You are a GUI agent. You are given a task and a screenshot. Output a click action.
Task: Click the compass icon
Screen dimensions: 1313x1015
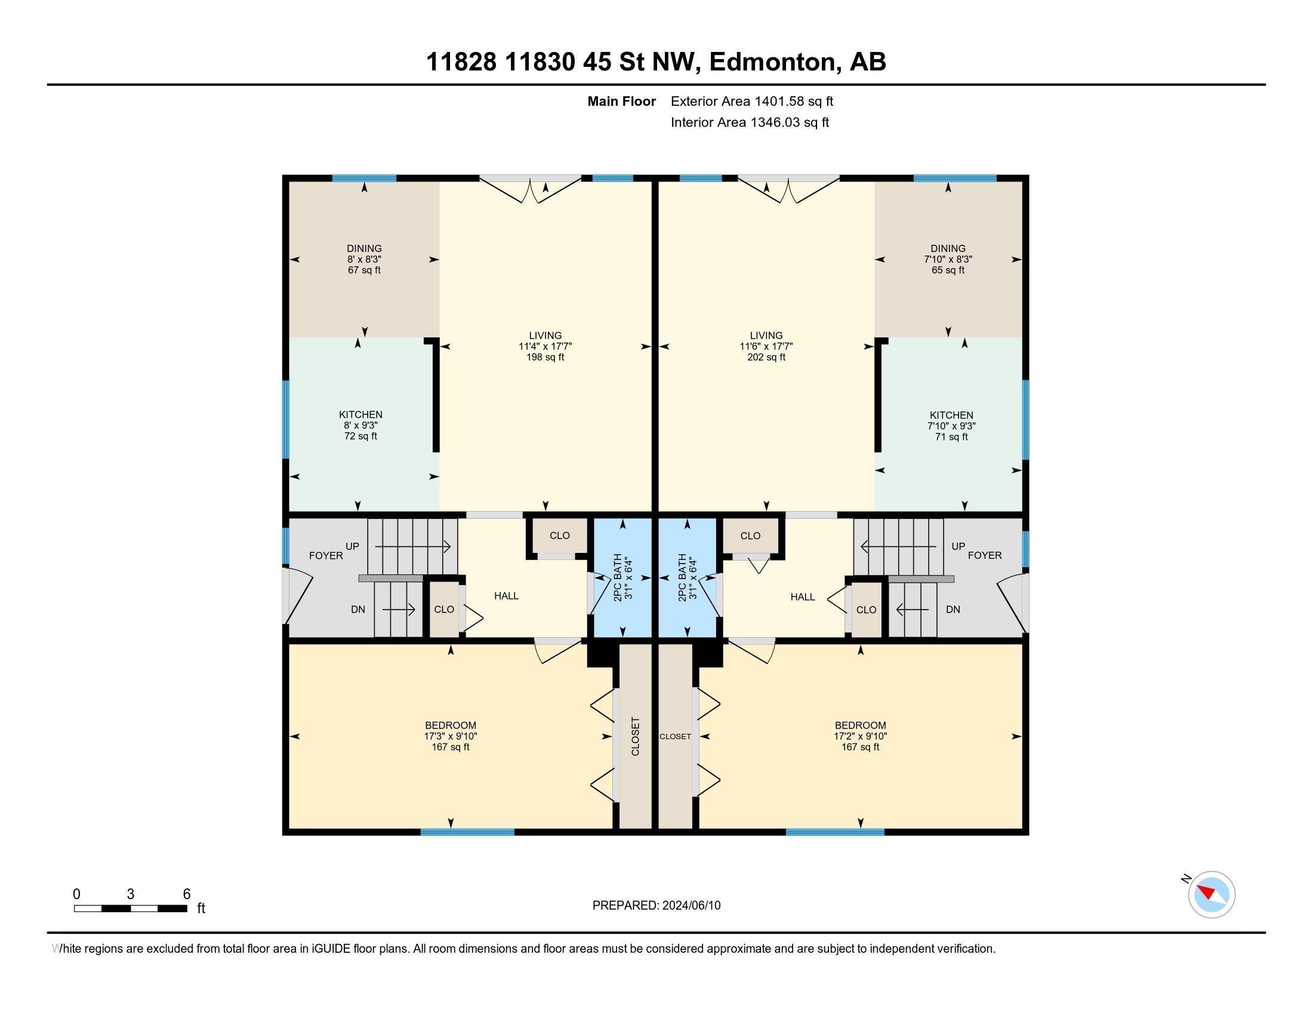pos(1212,894)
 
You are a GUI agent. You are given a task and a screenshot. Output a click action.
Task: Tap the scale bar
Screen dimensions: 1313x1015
pos(131,909)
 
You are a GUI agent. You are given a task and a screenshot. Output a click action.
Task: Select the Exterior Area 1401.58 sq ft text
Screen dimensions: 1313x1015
pos(752,101)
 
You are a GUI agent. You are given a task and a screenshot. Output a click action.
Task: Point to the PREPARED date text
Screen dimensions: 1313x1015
pos(656,905)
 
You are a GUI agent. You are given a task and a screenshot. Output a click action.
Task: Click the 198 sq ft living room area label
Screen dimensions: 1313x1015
pos(545,357)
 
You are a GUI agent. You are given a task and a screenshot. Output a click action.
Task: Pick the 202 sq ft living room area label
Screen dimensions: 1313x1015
pos(766,357)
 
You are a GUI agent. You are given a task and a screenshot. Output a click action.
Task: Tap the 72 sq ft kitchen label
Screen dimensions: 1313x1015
pos(360,436)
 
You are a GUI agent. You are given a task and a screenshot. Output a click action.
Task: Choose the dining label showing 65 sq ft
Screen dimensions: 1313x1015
pos(948,270)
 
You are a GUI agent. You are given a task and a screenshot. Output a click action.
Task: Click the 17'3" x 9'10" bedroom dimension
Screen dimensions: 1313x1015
pos(450,736)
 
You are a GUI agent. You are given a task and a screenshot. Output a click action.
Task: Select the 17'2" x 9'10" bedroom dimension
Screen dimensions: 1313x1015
pos(860,736)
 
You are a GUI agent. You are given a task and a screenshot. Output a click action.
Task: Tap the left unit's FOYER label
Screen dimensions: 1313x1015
pos(326,556)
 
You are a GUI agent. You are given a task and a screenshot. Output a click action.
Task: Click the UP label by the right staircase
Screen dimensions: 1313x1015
pos(958,546)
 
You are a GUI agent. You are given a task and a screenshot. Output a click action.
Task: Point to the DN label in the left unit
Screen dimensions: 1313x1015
pos(357,609)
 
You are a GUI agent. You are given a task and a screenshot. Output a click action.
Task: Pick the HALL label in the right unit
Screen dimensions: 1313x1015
pos(803,596)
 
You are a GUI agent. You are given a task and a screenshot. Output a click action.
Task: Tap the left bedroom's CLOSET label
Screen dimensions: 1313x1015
pos(636,736)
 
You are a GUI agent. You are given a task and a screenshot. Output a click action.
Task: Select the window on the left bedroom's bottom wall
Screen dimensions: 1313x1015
pos(467,832)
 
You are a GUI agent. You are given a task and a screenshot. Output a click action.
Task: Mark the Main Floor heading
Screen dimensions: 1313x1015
pos(622,101)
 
